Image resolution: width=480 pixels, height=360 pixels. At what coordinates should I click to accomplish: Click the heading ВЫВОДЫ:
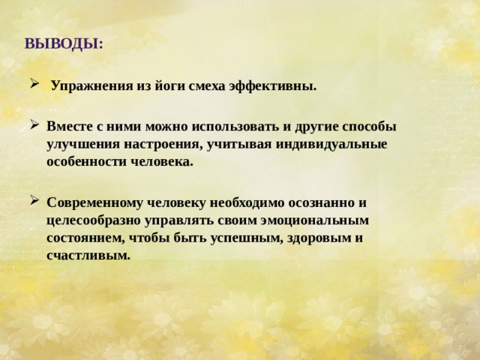coord(64,43)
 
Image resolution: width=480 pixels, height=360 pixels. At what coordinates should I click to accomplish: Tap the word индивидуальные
coord(336,144)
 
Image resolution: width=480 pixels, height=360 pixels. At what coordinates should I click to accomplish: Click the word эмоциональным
coord(320,220)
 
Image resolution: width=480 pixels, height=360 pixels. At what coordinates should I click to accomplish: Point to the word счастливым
coord(88,256)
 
